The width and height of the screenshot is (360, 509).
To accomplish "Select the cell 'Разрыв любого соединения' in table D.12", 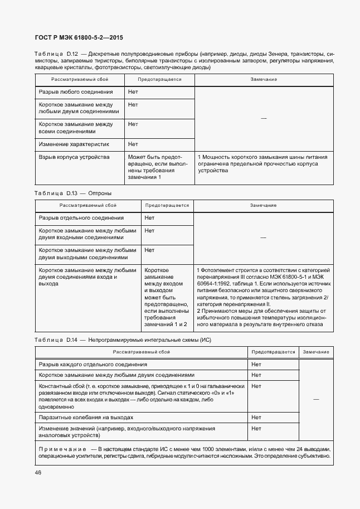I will [76, 92].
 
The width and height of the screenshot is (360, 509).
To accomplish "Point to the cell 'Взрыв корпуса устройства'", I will [74, 157].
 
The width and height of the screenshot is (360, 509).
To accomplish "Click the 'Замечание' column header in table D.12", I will [264, 79].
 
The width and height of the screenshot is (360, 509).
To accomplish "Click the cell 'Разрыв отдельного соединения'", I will [81, 218].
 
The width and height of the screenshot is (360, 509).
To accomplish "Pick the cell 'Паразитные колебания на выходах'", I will [86, 417].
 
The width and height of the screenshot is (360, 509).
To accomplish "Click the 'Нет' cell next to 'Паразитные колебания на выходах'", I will [256, 417].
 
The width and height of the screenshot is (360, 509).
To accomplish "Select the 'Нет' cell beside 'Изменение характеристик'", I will [133, 144].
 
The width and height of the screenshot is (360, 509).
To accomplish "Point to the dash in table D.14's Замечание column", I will [316, 399].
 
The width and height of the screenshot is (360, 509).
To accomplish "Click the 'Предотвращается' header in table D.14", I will [273, 352].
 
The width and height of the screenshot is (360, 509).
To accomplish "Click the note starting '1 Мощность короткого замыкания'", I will [262, 164].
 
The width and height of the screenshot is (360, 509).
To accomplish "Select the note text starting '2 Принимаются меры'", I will [262, 317].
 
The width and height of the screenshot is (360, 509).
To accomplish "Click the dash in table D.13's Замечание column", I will [263, 237].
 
